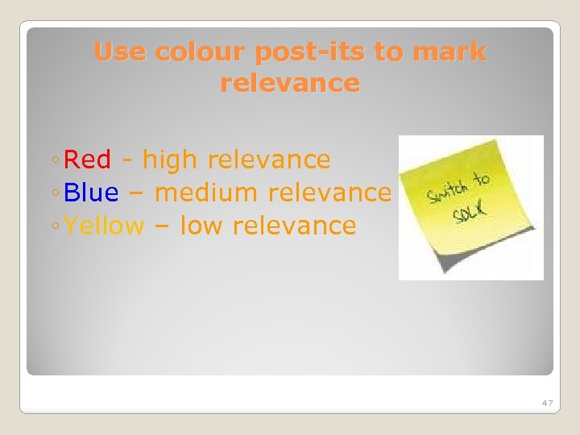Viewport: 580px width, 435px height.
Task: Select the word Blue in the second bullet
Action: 90,193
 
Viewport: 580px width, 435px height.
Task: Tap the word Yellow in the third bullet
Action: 104,226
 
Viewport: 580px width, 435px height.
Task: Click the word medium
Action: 205,193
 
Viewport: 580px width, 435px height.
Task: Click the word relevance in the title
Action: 289,83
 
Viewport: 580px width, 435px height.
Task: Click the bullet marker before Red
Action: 53,161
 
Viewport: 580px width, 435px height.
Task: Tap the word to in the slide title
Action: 390,52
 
